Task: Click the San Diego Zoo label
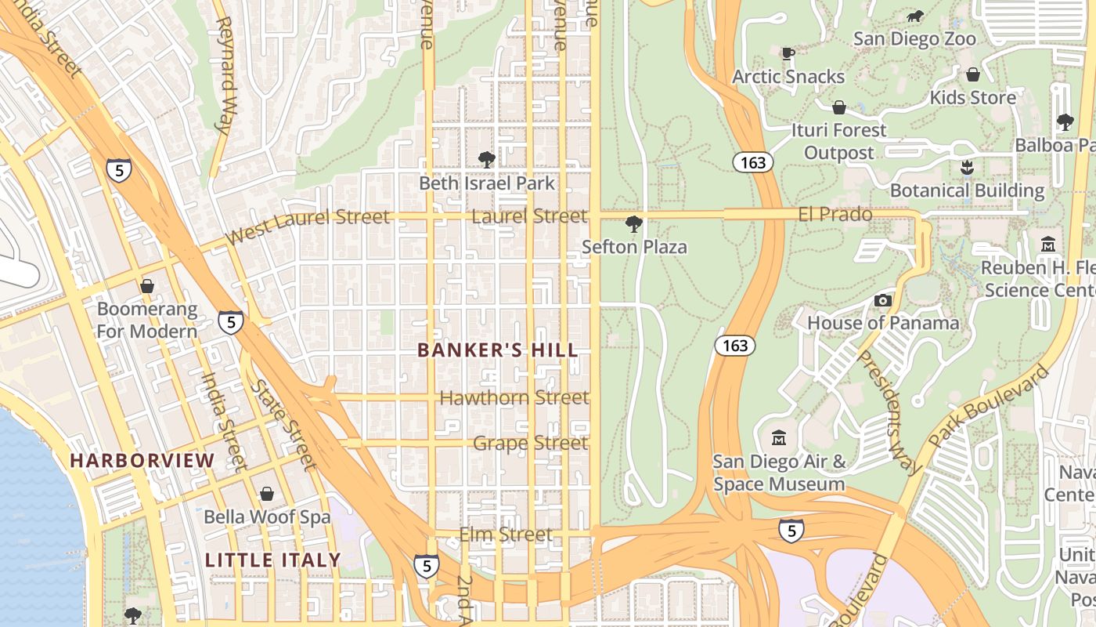tap(914, 39)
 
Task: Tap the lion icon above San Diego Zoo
tap(914, 16)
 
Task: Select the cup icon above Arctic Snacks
tap(788, 53)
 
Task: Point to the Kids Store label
tap(972, 98)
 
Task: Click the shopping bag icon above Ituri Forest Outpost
tap(838, 107)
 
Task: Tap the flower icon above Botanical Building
tap(968, 167)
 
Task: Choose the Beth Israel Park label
tap(486, 183)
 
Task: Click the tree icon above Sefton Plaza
tap(633, 225)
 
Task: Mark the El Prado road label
tap(835, 214)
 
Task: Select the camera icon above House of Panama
tap(883, 300)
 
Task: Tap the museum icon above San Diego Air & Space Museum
tap(779, 437)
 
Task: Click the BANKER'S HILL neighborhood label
tap(498, 350)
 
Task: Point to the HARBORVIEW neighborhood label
tap(142, 461)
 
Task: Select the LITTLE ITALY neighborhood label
tap(272, 560)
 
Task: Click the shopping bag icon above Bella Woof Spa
tap(267, 494)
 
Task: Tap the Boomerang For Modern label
tap(147, 321)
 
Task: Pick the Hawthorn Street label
tap(514, 398)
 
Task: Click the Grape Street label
tap(530, 444)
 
